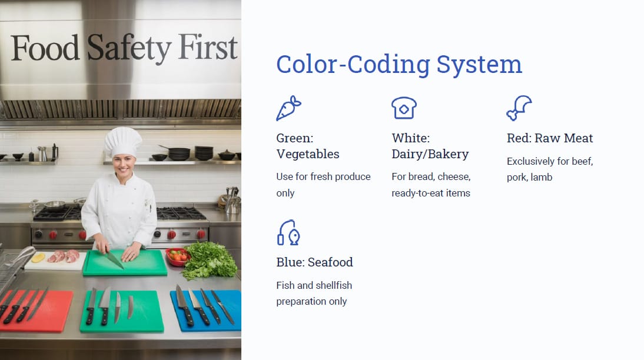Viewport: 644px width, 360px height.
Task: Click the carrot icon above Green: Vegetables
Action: pyautogui.click(x=288, y=108)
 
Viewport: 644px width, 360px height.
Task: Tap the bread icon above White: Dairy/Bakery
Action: pyautogui.click(x=404, y=108)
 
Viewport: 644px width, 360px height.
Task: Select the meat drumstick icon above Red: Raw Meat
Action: pyautogui.click(x=519, y=108)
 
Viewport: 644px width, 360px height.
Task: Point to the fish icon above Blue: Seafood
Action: pyautogui.click(x=288, y=232)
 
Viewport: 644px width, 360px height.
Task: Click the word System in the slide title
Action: pyautogui.click(x=479, y=65)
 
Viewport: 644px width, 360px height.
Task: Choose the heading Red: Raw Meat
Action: pyautogui.click(x=550, y=138)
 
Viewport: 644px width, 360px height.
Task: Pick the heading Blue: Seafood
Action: pyautogui.click(x=314, y=262)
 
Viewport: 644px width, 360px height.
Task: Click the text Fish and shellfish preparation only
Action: pyautogui.click(x=314, y=293)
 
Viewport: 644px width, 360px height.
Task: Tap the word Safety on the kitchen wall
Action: pyautogui.click(x=129, y=48)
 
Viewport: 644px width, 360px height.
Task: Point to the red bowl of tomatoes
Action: pyautogui.click(x=177, y=256)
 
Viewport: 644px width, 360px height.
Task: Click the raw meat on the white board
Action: pyautogui.click(x=63, y=256)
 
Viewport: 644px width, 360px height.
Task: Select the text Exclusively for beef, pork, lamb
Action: pyautogui.click(x=550, y=169)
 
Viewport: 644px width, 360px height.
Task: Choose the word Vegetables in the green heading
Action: pyautogui.click(x=308, y=154)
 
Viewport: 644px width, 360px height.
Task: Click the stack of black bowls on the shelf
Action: pyautogui.click(x=204, y=153)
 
